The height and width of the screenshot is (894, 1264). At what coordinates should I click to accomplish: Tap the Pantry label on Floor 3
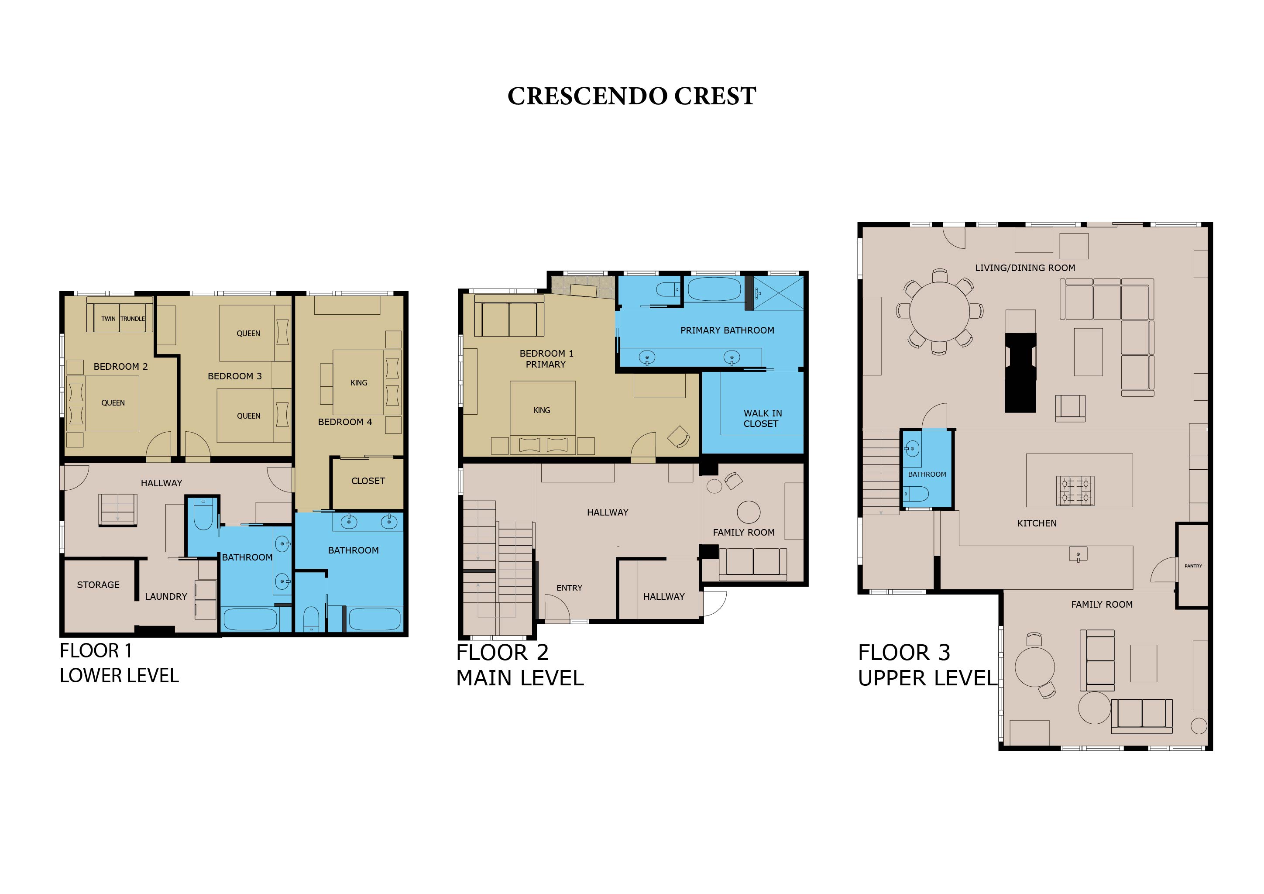tap(1193, 566)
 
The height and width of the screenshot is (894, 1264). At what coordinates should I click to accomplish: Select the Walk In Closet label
tap(762, 418)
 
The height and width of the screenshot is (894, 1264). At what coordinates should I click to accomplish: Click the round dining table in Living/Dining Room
tap(939, 312)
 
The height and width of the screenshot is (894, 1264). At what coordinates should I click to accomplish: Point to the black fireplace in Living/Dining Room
tap(1020, 373)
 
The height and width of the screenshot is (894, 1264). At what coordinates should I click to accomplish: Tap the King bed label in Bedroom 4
tap(359, 382)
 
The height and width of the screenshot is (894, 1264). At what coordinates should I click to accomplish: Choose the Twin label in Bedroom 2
tap(108, 319)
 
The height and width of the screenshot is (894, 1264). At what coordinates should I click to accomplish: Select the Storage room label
tap(98, 585)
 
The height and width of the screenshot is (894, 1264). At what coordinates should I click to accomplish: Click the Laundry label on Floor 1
tap(166, 596)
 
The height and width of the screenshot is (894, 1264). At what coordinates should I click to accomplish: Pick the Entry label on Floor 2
tap(569, 588)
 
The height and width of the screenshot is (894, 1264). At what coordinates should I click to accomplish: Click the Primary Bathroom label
tap(727, 330)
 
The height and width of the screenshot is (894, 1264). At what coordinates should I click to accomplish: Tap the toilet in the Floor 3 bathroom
tap(916, 494)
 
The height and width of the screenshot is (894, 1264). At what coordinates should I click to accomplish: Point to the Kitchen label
tap(1037, 523)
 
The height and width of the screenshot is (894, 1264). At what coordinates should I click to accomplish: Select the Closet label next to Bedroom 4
tap(368, 481)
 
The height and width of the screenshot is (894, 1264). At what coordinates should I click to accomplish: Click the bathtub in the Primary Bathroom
tap(714, 289)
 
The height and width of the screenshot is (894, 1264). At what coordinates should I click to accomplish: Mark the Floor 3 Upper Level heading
tap(927, 665)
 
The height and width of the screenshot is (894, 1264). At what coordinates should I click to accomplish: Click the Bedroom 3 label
tap(234, 376)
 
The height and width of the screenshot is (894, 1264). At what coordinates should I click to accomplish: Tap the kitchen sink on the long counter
tap(1078, 554)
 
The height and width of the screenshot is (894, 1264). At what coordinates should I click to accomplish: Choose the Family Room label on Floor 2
tap(744, 532)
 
